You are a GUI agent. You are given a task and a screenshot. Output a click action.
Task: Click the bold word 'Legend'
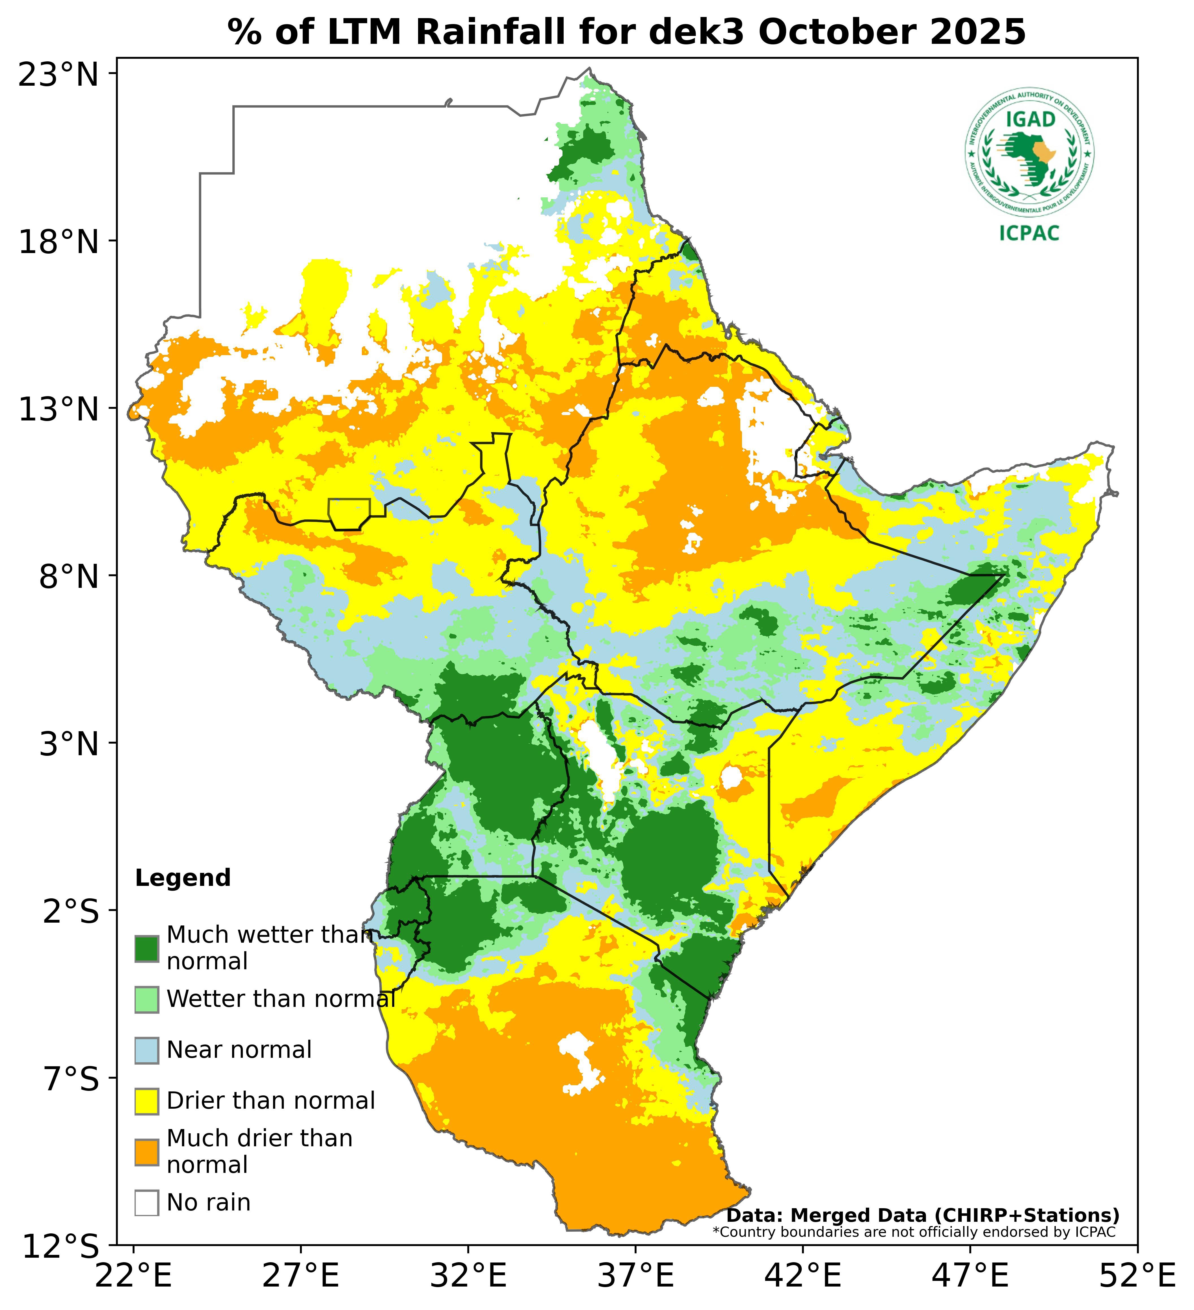point(183,879)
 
